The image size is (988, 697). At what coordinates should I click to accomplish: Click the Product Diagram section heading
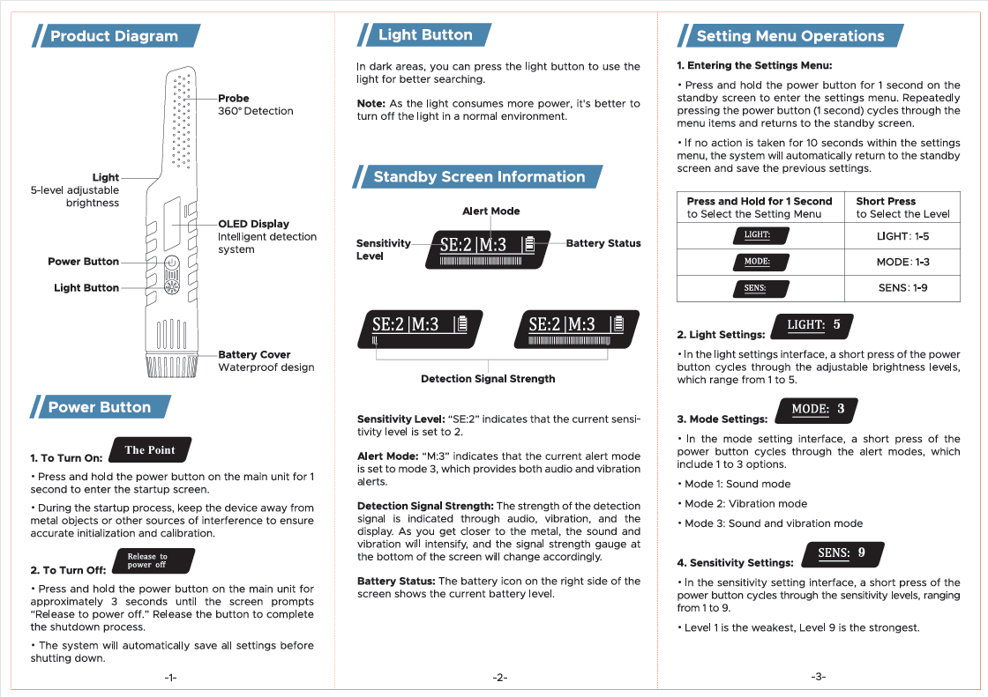click(x=115, y=36)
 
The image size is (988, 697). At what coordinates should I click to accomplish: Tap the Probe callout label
click(x=234, y=98)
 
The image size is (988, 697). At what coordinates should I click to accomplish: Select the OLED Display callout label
click(x=253, y=224)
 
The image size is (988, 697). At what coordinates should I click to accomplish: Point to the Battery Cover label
click(x=254, y=354)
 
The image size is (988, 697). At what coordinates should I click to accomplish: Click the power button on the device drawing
click(x=172, y=263)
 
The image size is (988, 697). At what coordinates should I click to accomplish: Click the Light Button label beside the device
click(x=86, y=287)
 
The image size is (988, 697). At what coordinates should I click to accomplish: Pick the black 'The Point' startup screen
click(x=150, y=450)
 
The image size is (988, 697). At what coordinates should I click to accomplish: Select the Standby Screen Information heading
click(x=479, y=177)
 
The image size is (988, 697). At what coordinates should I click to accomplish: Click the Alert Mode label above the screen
click(x=491, y=211)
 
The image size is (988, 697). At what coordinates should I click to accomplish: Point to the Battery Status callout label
click(x=603, y=243)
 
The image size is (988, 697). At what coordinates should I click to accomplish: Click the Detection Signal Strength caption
click(x=488, y=379)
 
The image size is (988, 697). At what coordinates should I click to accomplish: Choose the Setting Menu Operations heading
click(x=790, y=36)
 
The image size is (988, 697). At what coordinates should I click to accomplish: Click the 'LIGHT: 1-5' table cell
click(x=902, y=236)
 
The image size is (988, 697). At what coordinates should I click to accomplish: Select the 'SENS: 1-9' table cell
click(x=902, y=288)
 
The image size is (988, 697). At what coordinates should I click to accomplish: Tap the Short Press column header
click(x=886, y=201)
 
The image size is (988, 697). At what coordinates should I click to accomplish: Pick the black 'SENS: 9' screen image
click(x=842, y=553)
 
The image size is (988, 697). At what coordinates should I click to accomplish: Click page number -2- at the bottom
click(x=499, y=677)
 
